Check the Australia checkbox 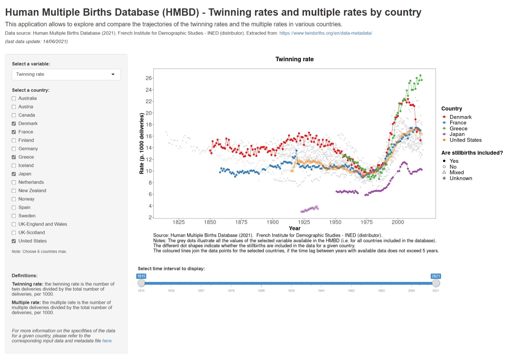[14, 98]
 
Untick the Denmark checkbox [14, 124]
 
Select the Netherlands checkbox [14, 182]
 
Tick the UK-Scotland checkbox [14, 233]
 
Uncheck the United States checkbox [14, 241]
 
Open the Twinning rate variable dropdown [66, 74]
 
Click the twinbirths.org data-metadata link [326, 33]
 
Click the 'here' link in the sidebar [107, 341]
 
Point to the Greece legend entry [458, 129]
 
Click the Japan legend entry [457, 134]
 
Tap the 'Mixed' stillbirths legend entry [456, 173]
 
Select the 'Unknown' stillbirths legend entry [460, 178]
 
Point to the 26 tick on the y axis [149, 78]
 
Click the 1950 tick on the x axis [335, 222]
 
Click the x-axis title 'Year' [295, 228]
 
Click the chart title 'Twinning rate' [295, 59]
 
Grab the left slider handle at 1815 [141, 283]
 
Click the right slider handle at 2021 [436, 283]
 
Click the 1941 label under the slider [321, 291]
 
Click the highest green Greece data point [420, 75]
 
